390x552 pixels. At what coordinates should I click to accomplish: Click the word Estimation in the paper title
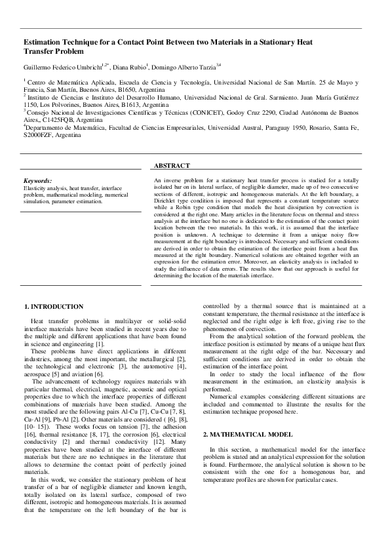(x=44, y=42)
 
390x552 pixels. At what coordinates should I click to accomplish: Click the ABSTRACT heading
(x=172, y=166)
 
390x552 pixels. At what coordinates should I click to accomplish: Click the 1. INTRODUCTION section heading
(x=54, y=306)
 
